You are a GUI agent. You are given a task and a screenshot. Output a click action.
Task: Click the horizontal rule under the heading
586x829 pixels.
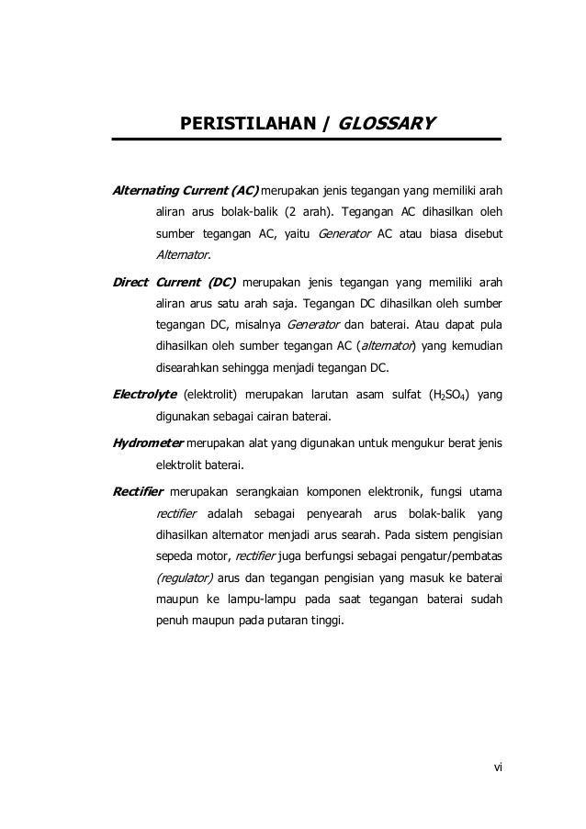coord(307,140)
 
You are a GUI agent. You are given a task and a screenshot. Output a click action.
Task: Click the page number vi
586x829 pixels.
coord(497,767)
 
